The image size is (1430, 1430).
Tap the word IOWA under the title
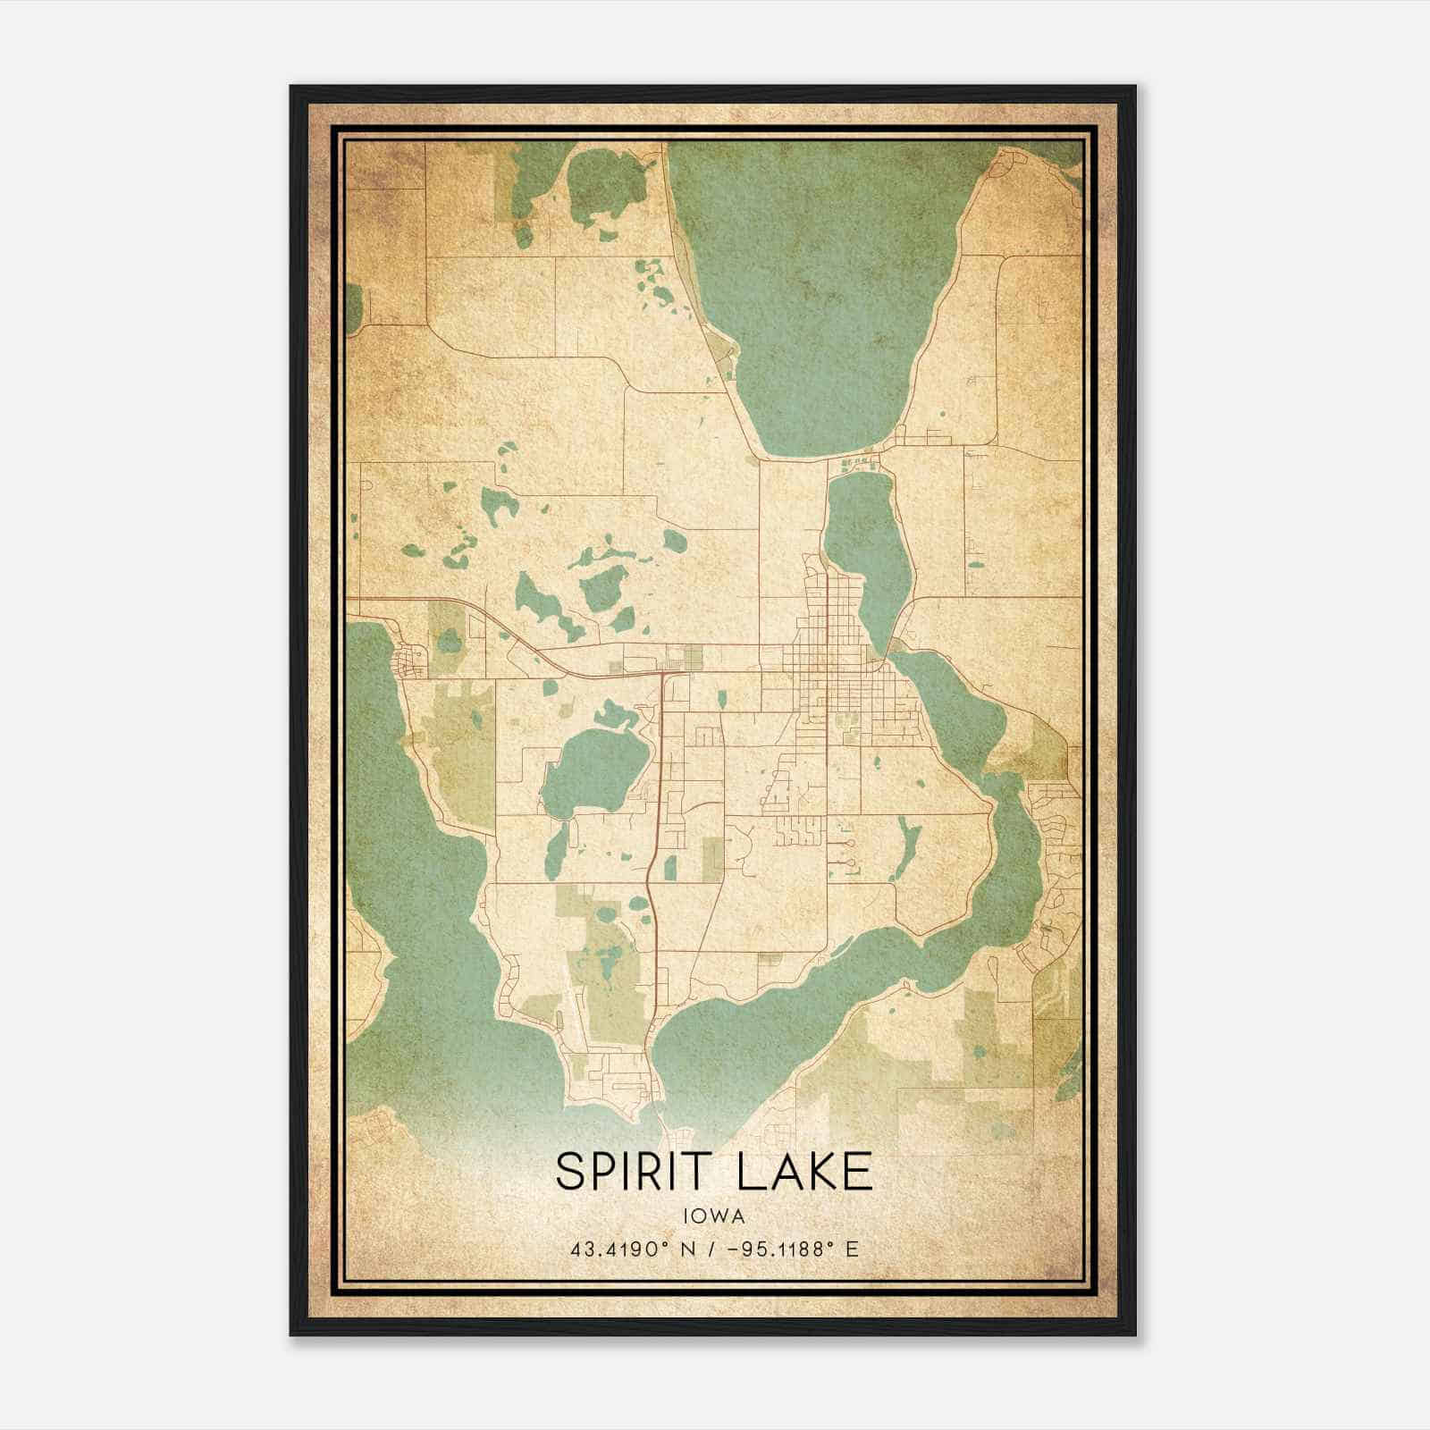(713, 1215)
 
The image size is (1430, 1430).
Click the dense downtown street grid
(831, 679)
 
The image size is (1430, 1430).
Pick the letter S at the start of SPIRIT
(572, 1171)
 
